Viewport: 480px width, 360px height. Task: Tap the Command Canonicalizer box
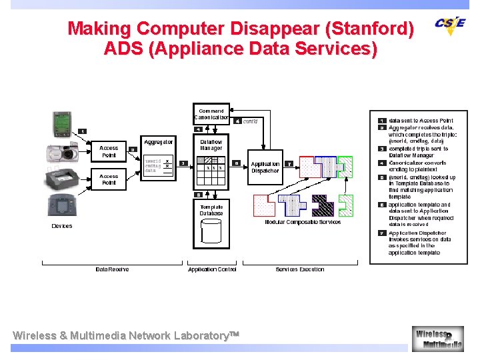(x=211, y=114)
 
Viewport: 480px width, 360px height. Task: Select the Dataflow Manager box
(x=211, y=145)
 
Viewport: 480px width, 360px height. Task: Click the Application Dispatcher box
(x=265, y=167)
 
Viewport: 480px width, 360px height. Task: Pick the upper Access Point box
(x=109, y=152)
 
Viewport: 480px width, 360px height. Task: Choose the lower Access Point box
(x=109, y=179)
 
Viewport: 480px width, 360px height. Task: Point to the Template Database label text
(x=211, y=210)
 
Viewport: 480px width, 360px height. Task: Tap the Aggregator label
(x=159, y=142)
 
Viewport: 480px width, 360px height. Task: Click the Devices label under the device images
(x=62, y=226)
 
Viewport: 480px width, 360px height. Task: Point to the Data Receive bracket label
(x=112, y=269)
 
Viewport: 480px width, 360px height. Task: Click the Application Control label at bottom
(x=212, y=269)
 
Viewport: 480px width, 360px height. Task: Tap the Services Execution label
(x=300, y=269)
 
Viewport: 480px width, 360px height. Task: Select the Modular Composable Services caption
(x=303, y=222)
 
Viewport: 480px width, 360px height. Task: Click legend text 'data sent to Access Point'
(x=421, y=121)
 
